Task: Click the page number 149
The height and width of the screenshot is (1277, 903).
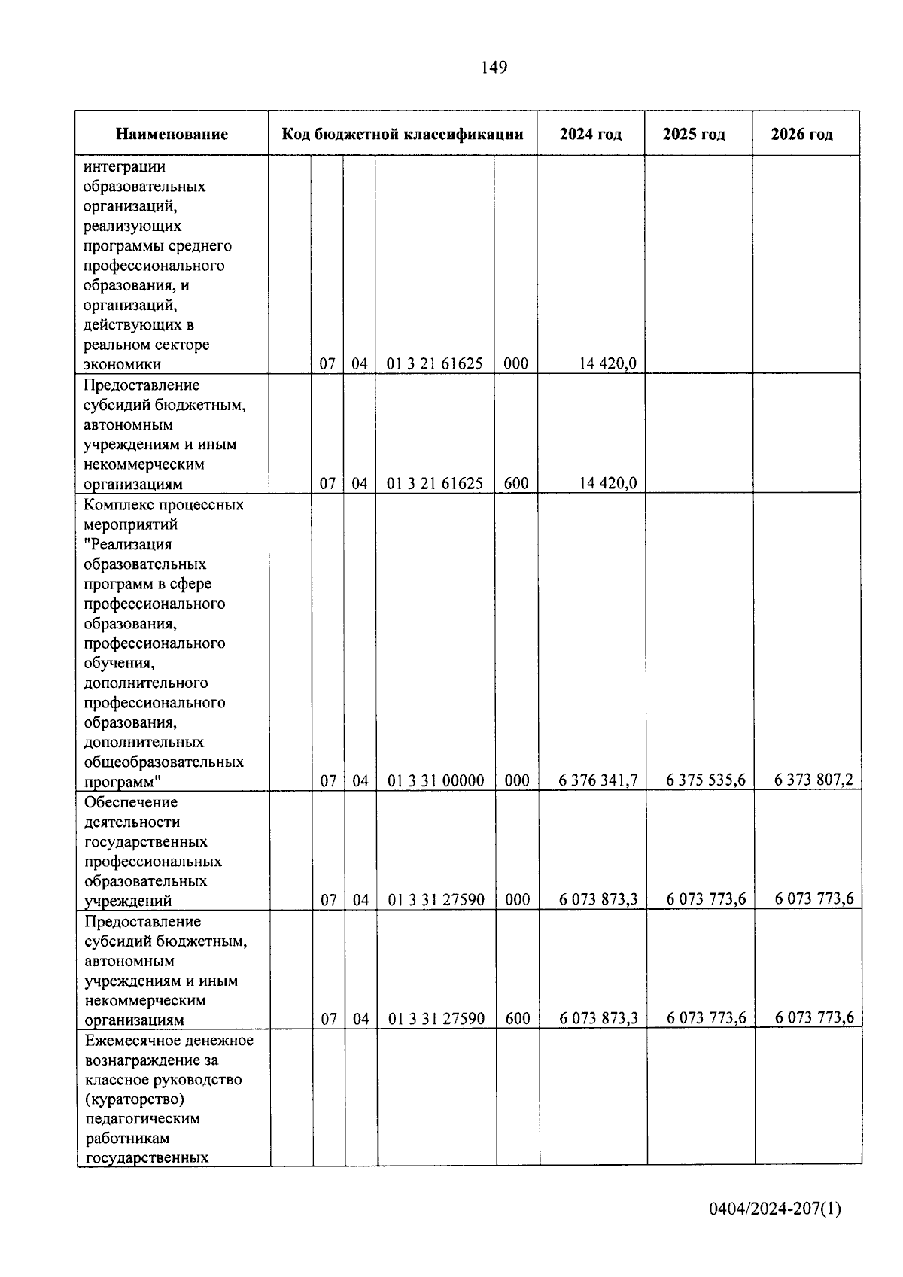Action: [x=494, y=68]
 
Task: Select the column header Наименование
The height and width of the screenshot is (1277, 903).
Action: [x=172, y=135]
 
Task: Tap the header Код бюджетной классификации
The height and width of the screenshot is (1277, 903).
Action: [x=403, y=135]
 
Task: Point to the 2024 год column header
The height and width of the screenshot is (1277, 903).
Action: [x=591, y=135]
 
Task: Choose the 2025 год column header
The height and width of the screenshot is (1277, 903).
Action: [x=694, y=135]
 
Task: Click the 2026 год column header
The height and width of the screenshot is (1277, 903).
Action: [x=802, y=135]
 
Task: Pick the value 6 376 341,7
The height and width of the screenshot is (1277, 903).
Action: [x=598, y=780]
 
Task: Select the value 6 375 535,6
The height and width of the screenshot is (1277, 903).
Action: [x=706, y=780]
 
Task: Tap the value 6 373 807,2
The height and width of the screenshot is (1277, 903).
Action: [x=814, y=780]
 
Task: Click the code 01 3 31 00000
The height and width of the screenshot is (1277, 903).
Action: [x=436, y=781]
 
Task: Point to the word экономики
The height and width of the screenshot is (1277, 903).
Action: [x=123, y=365]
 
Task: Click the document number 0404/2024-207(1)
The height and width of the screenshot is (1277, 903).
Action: [x=775, y=1209]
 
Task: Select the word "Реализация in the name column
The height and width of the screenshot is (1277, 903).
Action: [x=128, y=544]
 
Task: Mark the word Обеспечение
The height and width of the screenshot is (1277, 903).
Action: [x=132, y=802]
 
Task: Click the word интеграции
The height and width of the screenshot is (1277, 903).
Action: [x=125, y=166]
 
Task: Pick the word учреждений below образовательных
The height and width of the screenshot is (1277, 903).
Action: [x=128, y=901]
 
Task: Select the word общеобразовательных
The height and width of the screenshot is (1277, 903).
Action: [x=164, y=762]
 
